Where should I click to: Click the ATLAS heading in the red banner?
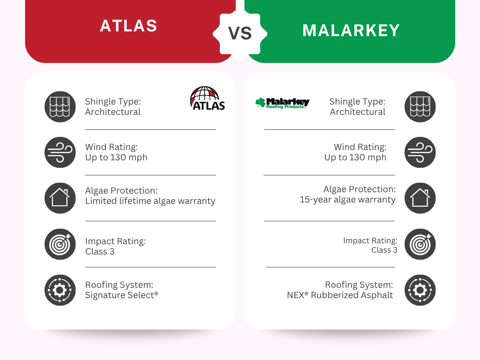(x=128, y=26)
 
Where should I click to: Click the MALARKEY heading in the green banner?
(x=351, y=30)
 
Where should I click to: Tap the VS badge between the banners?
(x=240, y=33)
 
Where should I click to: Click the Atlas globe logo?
(x=208, y=98)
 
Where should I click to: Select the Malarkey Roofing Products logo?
(x=282, y=103)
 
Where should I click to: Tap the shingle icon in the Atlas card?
(x=60, y=107)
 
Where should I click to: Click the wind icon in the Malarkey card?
(x=420, y=152)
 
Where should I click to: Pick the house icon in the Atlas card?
(x=60, y=198)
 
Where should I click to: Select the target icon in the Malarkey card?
(x=420, y=244)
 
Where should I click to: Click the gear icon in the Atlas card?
(x=60, y=290)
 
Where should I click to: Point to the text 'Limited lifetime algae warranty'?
(x=150, y=201)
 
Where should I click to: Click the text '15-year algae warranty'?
(x=348, y=200)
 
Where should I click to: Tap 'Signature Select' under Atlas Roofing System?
(x=122, y=295)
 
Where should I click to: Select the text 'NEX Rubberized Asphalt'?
(x=340, y=295)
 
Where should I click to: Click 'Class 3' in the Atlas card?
(x=100, y=252)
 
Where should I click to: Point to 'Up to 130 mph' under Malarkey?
(x=355, y=157)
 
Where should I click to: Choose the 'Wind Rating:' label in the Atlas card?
(x=112, y=147)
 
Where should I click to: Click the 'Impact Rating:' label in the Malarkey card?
(x=370, y=240)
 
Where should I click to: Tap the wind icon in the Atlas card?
(x=60, y=152)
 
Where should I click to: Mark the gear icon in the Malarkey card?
(x=420, y=290)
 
